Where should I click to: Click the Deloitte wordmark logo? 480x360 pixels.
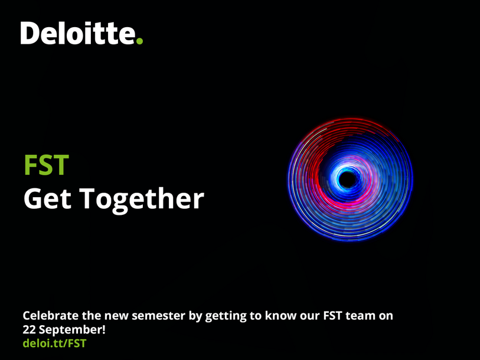click(81, 33)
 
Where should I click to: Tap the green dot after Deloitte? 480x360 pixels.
click(139, 41)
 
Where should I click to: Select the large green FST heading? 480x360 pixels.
click(46, 165)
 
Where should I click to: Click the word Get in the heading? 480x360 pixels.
click(47, 198)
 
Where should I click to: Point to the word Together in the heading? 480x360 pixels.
click(142, 200)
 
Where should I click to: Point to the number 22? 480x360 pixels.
click(29, 330)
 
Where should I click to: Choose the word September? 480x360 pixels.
click(72, 330)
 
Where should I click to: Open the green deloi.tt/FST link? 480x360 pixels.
click(54, 343)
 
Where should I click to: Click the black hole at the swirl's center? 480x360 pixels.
click(348, 179)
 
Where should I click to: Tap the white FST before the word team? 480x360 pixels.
click(332, 316)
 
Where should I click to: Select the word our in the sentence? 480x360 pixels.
click(310, 316)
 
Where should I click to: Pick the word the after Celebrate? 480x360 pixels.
click(92, 316)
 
